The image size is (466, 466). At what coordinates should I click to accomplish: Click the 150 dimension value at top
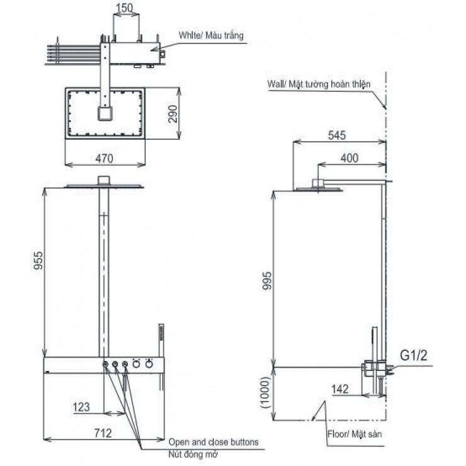pyautogui.click(x=125, y=8)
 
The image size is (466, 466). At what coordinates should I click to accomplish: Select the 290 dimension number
pyautogui.click(x=173, y=114)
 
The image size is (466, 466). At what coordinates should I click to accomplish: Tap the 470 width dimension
pyautogui.click(x=105, y=159)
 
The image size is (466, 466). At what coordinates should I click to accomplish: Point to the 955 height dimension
pyautogui.click(x=38, y=261)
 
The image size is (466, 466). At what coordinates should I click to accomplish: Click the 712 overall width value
pyautogui.click(x=103, y=433)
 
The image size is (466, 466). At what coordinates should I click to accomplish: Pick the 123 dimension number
pyautogui.click(x=81, y=407)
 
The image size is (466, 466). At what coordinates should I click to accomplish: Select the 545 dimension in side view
pyautogui.click(x=337, y=135)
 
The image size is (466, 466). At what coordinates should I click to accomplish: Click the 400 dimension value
pyautogui.click(x=349, y=158)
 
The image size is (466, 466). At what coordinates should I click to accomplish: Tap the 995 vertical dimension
pyautogui.click(x=267, y=281)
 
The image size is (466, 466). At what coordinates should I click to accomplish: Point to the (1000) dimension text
pyautogui.click(x=264, y=392)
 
